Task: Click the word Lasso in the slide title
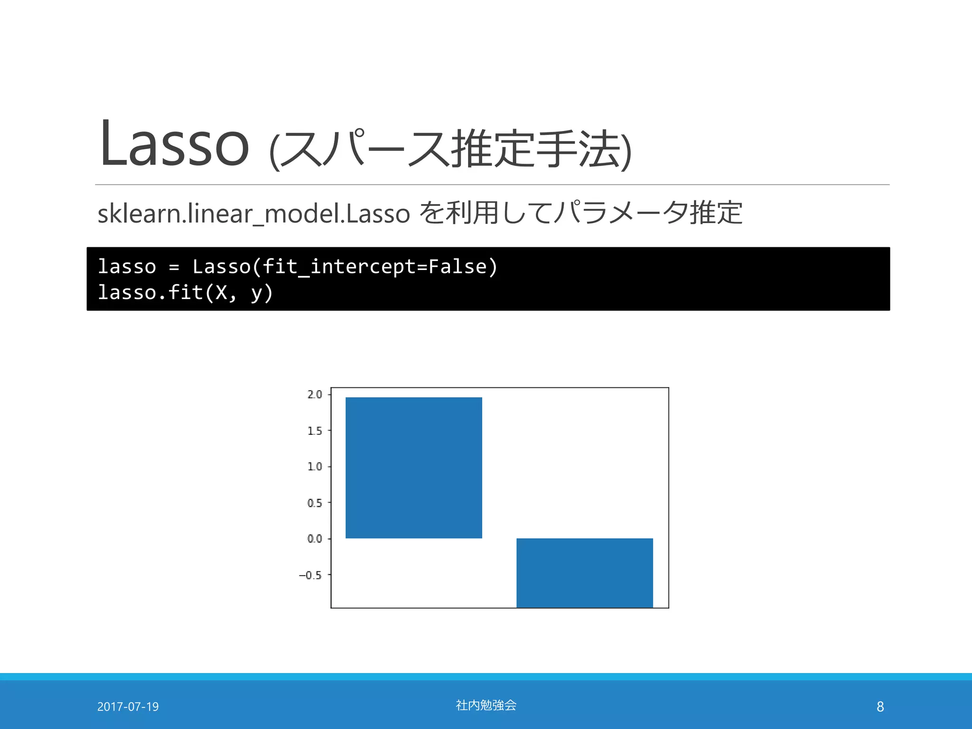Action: tap(174, 144)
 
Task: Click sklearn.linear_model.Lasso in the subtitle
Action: tap(253, 214)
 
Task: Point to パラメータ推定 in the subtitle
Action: tap(648, 213)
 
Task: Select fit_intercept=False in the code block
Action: tap(374, 267)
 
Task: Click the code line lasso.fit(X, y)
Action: tap(185, 292)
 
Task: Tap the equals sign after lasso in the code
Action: tap(174, 267)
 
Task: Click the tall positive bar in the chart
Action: tap(413, 467)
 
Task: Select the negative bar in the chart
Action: tap(584, 572)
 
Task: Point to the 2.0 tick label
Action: tap(315, 394)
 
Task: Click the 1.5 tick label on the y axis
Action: tap(315, 431)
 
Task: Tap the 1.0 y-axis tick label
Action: tap(315, 467)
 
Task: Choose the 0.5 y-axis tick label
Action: tap(315, 503)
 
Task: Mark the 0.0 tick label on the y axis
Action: tap(315, 539)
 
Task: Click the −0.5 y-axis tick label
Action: tap(310, 575)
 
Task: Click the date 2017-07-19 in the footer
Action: tap(128, 707)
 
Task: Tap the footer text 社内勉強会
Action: tap(486, 705)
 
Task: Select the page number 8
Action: tap(880, 707)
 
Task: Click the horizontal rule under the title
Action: tap(492, 185)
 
